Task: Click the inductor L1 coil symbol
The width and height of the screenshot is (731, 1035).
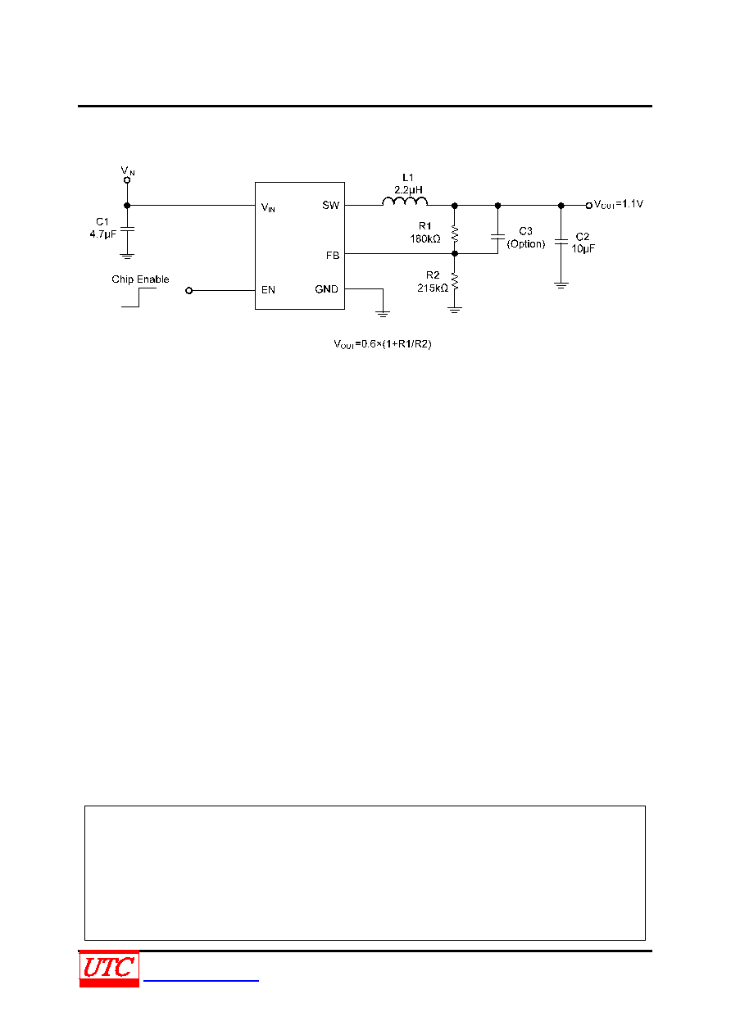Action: point(405,201)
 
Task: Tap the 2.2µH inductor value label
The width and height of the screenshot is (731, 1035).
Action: point(408,190)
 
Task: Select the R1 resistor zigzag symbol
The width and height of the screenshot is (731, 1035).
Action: point(455,234)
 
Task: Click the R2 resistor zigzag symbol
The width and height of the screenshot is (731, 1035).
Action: point(455,281)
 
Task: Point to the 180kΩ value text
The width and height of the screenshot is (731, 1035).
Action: point(425,239)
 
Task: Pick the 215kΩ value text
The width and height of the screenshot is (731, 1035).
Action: point(433,288)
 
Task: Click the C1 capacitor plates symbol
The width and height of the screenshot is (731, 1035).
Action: point(127,229)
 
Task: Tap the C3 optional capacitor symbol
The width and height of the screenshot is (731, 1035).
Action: point(497,237)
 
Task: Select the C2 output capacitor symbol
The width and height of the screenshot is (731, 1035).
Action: point(561,242)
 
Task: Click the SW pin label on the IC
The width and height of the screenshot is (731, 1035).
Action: point(331,205)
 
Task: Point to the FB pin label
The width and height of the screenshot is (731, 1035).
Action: point(333,256)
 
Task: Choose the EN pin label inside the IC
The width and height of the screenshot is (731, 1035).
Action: point(268,290)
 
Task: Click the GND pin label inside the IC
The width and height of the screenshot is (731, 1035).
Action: point(326,289)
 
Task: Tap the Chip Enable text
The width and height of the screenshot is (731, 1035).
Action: point(140,279)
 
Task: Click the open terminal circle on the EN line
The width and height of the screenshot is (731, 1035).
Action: point(188,291)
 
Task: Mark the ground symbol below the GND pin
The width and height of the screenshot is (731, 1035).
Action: point(383,313)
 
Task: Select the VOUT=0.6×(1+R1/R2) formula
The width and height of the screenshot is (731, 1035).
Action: point(383,344)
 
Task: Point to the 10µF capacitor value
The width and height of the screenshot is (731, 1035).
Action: point(583,248)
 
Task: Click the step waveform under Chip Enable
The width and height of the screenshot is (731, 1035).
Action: point(138,297)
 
